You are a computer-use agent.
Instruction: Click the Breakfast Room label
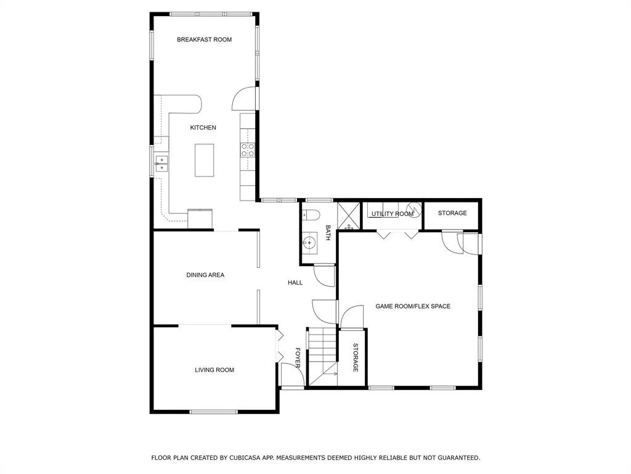(205, 39)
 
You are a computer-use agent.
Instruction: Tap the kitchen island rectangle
(205, 160)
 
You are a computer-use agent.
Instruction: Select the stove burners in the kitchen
(248, 150)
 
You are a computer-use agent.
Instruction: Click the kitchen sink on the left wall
(162, 164)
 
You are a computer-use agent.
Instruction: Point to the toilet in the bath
(311, 215)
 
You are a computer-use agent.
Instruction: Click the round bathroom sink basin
(309, 243)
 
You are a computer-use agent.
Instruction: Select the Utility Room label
(393, 214)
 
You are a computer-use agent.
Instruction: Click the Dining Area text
(205, 275)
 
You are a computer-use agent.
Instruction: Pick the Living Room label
(214, 370)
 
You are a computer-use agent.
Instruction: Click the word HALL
(295, 283)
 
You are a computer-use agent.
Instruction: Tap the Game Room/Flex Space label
(413, 306)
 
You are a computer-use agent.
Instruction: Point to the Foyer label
(298, 358)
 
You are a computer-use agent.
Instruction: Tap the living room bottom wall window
(214, 412)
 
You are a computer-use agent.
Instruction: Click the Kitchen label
(203, 127)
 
